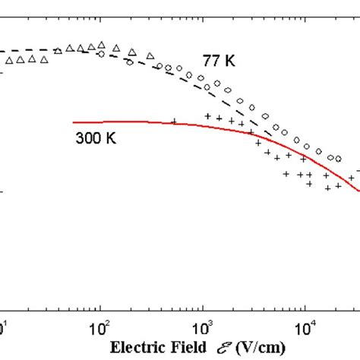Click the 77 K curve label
(x=218, y=59)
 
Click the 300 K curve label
(x=93, y=139)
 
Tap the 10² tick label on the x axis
(x=99, y=328)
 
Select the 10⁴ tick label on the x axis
(x=305, y=328)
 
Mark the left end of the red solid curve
(x=74, y=122)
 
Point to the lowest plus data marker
(x=327, y=187)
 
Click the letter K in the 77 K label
(x=229, y=59)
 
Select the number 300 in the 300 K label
(x=87, y=139)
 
